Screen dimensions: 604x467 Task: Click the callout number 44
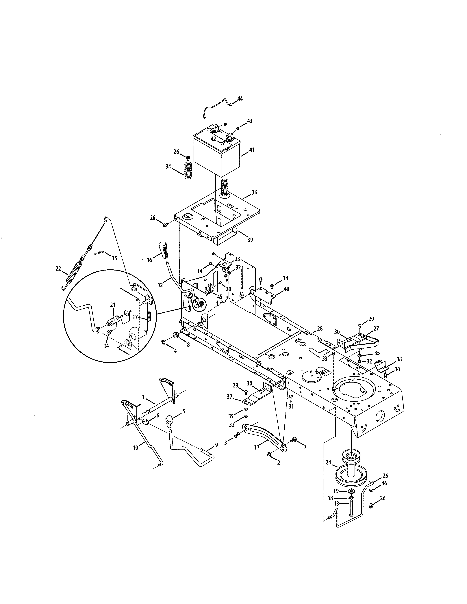[240, 99]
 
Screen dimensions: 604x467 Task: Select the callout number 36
[254, 193]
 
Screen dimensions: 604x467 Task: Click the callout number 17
[135, 317]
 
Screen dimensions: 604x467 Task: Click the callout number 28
[320, 329]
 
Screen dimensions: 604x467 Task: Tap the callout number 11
[256, 447]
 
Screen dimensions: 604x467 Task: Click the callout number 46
[384, 483]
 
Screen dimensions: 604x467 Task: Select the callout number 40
[286, 289]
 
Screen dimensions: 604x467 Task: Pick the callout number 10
[135, 448]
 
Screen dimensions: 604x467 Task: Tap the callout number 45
[219, 297]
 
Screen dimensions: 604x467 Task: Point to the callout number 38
[399, 359]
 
